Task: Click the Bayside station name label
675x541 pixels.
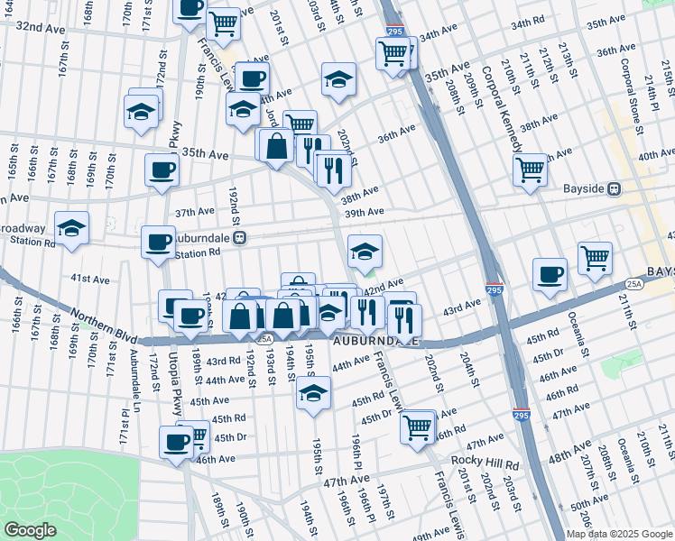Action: [x=581, y=188]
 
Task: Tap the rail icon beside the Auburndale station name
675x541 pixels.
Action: [x=240, y=237]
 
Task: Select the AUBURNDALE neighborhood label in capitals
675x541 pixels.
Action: [x=374, y=343]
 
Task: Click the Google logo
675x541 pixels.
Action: [x=30, y=530]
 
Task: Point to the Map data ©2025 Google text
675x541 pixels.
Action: [x=619, y=534]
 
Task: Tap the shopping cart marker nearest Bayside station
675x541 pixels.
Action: [x=530, y=169]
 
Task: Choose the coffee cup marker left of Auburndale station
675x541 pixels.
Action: [x=159, y=242]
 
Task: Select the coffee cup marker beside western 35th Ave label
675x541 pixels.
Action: [x=162, y=170]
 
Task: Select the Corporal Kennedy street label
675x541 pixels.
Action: [x=501, y=108]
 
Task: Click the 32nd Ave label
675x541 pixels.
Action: [x=42, y=28]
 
